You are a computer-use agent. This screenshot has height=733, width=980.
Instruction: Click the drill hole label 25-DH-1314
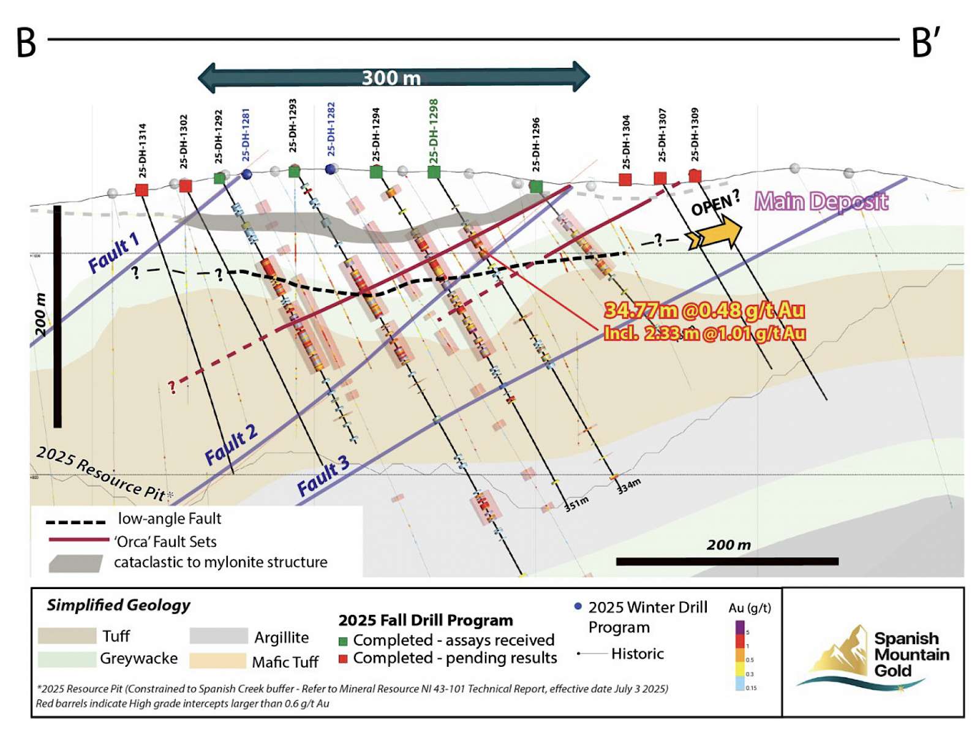[142, 151]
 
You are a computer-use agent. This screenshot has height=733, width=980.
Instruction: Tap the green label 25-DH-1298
[434, 132]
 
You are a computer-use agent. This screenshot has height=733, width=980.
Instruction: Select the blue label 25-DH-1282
[331, 129]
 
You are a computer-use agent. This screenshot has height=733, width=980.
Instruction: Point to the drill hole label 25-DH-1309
[695, 135]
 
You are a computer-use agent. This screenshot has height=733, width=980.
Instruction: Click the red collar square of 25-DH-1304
[625, 179]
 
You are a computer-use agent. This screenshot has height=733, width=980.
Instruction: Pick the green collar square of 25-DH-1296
[536, 186]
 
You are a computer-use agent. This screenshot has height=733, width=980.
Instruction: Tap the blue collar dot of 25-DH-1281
[247, 175]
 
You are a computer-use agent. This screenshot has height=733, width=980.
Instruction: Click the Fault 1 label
[114, 253]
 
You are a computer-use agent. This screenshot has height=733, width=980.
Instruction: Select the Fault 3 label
[323, 476]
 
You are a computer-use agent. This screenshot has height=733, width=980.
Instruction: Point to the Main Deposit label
[821, 201]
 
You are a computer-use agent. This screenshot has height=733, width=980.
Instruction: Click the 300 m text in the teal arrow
[391, 78]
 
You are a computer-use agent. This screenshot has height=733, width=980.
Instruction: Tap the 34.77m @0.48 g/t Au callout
[704, 310]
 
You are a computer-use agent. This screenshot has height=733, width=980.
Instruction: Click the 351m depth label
[576, 503]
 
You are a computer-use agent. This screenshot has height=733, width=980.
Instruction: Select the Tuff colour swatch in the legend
[67, 636]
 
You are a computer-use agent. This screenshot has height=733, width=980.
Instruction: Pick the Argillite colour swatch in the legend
[218, 636]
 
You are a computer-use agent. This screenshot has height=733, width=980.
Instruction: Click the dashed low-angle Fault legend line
[76, 522]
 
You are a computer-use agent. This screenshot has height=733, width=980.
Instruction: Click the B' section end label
[925, 43]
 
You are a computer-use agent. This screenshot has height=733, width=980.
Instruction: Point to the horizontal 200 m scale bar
[727, 561]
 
